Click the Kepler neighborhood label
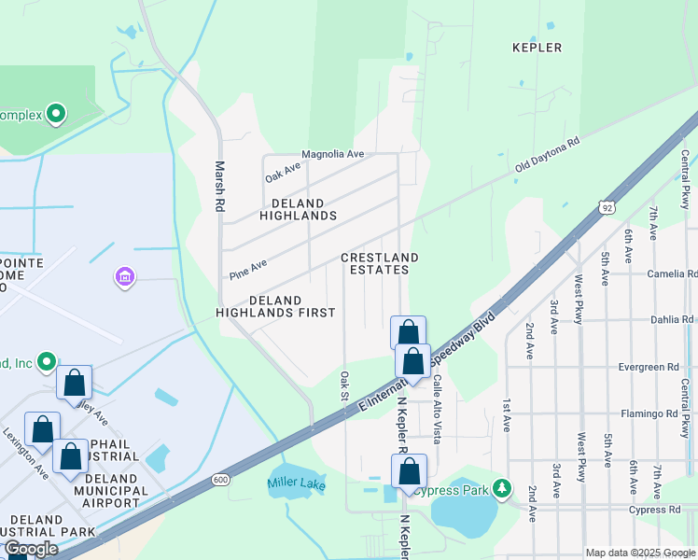(x=537, y=48)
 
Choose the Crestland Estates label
(x=378, y=263)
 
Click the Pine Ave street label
(x=248, y=270)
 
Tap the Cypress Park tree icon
(x=502, y=488)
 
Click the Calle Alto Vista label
(x=436, y=408)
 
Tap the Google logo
(x=31, y=549)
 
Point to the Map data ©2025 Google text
(x=639, y=553)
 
